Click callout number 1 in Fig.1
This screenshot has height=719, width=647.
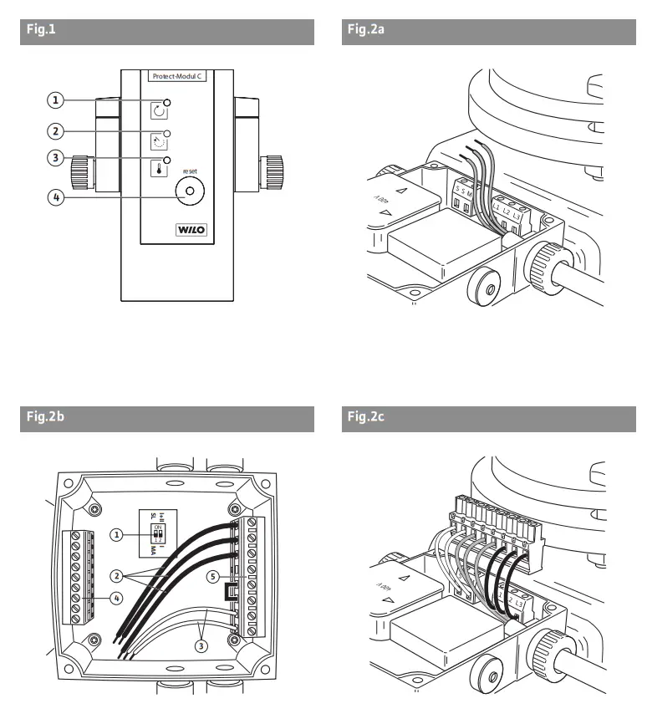click(54, 100)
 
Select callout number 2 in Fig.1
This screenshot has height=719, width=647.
click(54, 131)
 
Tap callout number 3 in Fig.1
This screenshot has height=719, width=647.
click(54, 157)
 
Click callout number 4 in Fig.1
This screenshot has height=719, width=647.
click(54, 198)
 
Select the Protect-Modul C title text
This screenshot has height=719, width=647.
click(179, 76)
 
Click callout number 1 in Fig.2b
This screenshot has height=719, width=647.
click(118, 533)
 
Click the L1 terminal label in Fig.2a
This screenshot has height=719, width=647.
click(497, 204)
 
